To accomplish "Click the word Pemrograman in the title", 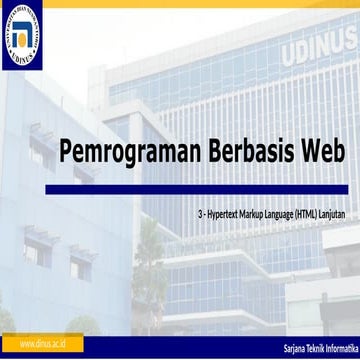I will click(115, 153).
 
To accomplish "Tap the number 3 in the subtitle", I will click(200, 213).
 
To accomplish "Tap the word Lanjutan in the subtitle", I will click(347, 213).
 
